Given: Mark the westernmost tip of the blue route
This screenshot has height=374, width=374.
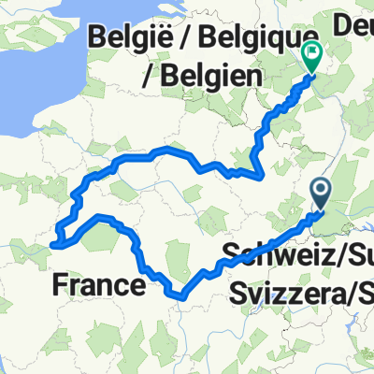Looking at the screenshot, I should point(52,245).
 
